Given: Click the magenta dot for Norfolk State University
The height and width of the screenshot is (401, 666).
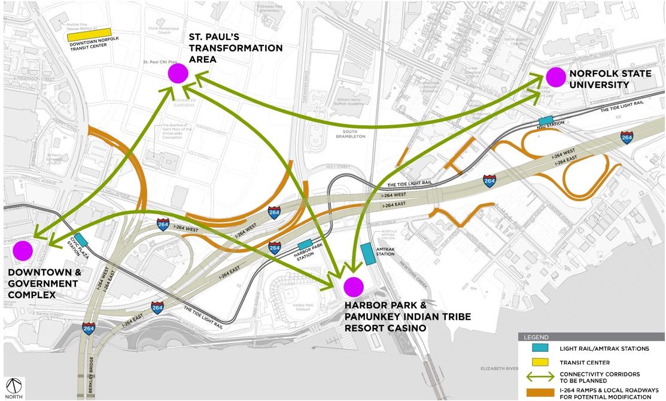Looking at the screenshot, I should tap(555, 77).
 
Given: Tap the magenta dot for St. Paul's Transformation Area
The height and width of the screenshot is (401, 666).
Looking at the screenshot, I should tap(178, 74).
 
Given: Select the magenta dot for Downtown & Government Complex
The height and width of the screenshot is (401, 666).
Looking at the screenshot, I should tap(23, 251).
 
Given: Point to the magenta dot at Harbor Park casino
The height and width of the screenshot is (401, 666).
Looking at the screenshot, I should tap(354, 287).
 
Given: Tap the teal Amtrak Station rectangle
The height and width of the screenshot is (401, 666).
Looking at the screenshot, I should tap(368, 253).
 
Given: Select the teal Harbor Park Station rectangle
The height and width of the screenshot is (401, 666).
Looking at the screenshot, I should tap(305, 244).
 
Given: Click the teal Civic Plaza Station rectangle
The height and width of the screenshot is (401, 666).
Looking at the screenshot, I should tap(80, 239).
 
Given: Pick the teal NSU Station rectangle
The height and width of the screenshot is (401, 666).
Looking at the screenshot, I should tap(545, 120).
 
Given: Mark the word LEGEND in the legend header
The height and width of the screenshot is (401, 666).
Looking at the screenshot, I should tap(536, 337).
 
